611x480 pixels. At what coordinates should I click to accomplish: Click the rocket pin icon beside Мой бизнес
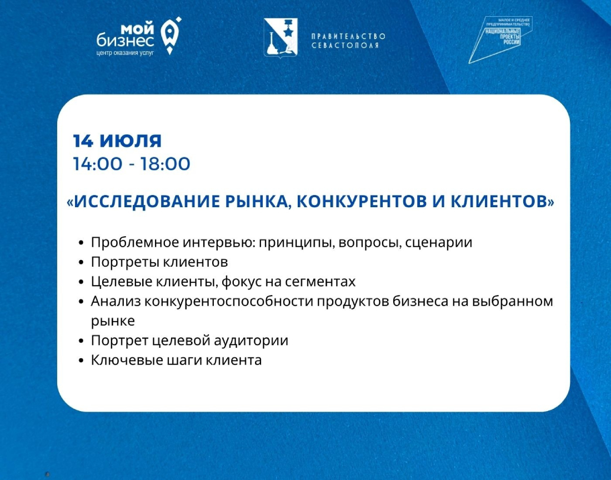coord(171,36)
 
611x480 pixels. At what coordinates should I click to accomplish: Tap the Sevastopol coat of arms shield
coord(281,37)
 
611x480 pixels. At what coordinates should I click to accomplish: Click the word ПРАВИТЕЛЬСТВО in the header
coord(348,36)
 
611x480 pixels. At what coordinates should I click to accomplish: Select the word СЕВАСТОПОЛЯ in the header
coord(345,45)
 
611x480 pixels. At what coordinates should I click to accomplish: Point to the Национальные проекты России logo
coord(500,39)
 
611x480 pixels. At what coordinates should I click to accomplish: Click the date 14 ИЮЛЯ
coord(117,141)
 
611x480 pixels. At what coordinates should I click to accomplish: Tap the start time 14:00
coord(97,164)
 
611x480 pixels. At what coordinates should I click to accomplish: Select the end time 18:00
coord(165,164)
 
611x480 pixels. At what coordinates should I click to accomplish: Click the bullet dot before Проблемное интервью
coord(81,243)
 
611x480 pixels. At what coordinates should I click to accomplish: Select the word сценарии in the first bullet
coord(439,243)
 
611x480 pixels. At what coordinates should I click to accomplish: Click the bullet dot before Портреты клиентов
coord(81,263)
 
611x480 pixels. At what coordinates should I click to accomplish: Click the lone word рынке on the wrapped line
coord(113,321)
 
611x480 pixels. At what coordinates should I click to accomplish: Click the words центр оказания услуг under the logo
coord(125,52)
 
